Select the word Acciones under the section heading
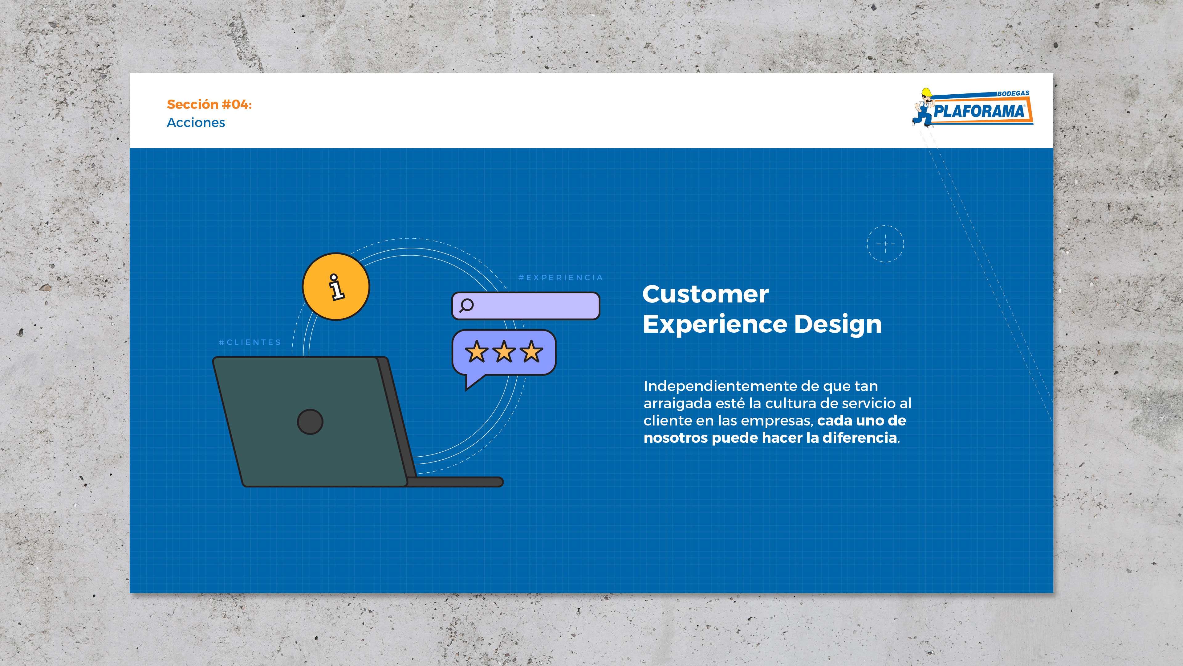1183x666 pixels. click(196, 123)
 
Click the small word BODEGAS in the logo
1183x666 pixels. click(1013, 93)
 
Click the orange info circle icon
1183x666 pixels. click(336, 286)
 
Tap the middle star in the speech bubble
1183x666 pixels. click(504, 351)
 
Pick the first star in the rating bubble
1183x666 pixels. click(477, 351)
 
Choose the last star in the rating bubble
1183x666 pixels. click(532, 351)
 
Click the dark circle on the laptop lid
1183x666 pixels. click(310, 421)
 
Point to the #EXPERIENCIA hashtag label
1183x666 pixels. click(561, 277)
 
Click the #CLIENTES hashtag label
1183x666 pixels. click(250, 343)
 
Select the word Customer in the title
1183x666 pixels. click(705, 294)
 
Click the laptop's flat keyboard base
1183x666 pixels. click(455, 482)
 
